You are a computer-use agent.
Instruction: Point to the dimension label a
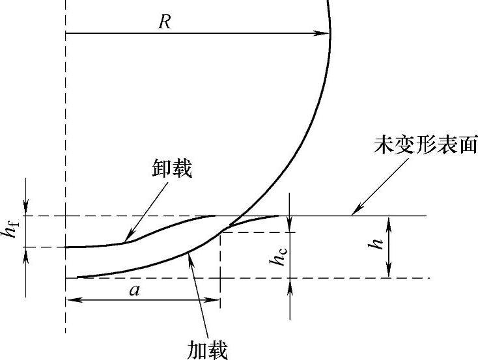(134, 290)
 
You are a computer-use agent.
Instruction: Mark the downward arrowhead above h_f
(26, 210)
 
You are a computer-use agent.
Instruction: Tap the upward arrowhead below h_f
(26, 253)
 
